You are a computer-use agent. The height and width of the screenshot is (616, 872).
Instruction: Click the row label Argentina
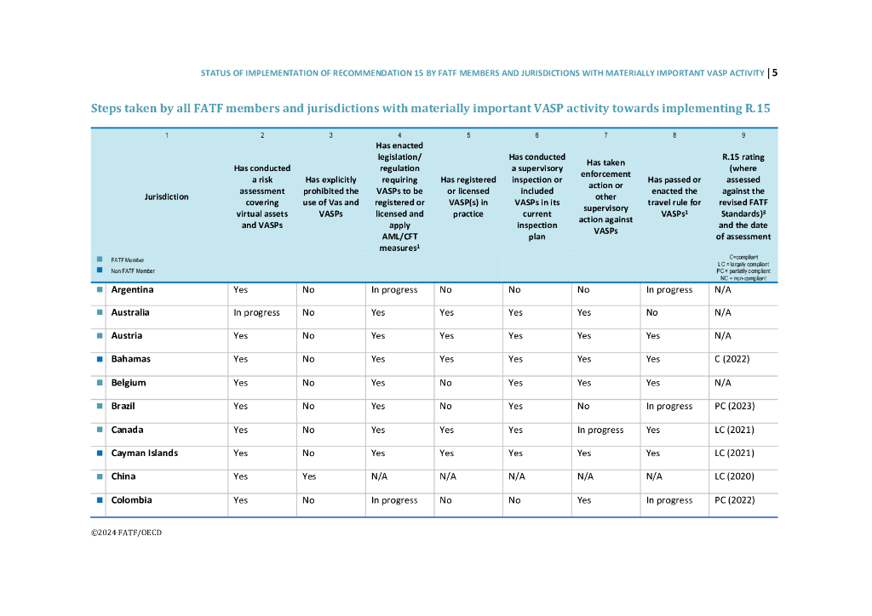pos(132,289)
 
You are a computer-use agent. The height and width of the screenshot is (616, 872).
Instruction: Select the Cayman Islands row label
pos(144,453)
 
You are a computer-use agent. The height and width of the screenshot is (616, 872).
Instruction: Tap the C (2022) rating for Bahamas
pos(731,359)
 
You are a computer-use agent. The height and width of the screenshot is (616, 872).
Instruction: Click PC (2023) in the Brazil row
pos(734,406)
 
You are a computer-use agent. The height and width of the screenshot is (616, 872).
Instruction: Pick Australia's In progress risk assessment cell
pos(256,312)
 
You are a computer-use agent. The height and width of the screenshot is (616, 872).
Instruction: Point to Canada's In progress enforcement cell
pos(600,430)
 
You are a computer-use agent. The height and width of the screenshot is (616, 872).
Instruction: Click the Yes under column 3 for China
pos(309,476)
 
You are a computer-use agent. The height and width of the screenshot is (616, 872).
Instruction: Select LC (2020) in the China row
pos(733,476)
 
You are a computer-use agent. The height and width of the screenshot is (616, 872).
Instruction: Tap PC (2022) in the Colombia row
pos(734,500)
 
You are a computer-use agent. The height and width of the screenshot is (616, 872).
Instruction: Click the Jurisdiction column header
pos(166,197)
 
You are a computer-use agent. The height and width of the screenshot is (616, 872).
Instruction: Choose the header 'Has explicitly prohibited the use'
pos(331,197)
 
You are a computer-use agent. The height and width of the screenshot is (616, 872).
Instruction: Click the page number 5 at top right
pos(775,72)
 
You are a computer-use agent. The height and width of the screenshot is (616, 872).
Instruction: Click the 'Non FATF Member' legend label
pos(133,271)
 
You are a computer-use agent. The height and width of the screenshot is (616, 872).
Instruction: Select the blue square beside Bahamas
pos(100,359)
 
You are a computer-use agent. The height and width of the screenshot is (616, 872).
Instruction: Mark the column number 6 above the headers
pos(536,135)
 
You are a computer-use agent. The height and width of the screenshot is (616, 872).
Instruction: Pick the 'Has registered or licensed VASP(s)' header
pos(468,197)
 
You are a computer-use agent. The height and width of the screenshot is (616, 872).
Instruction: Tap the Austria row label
pos(126,336)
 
